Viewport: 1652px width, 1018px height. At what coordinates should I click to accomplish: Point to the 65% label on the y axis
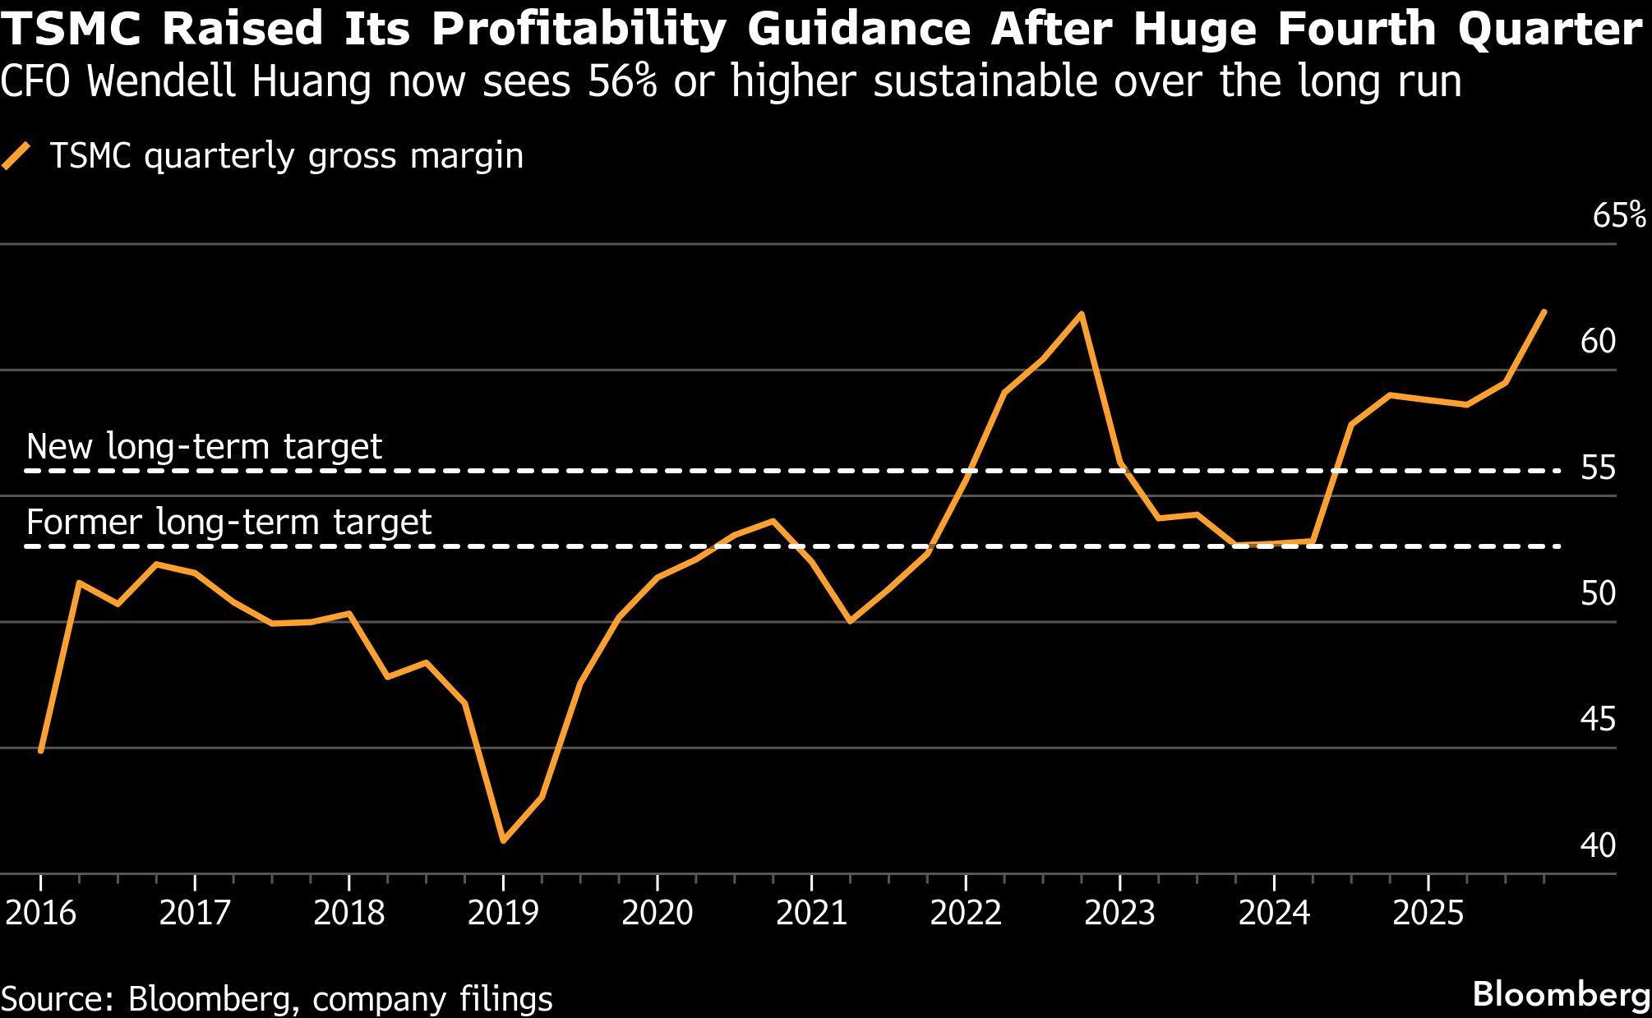tap(1618, 215)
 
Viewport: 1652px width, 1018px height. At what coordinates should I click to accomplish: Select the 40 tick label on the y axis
tap(1598, 845)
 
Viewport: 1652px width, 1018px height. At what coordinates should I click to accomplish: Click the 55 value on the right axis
tap(1598, 468)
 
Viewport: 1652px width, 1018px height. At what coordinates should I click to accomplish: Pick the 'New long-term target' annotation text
tap(204, 447)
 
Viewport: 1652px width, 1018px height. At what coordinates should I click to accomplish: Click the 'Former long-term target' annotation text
tap(228, 523)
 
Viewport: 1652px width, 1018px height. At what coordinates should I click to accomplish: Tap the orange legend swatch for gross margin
tap(16, 155)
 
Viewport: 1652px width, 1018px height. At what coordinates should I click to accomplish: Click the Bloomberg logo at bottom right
tap(1560, 994)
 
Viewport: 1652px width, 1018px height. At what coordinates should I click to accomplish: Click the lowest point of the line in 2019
tap(503, 841)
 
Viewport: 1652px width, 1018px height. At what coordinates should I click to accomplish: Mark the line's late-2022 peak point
tap(1082, 314)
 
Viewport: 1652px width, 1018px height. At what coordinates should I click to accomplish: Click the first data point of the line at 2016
tap(40, 750)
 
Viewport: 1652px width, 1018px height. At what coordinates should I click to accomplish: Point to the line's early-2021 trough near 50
tap(850, 621)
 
